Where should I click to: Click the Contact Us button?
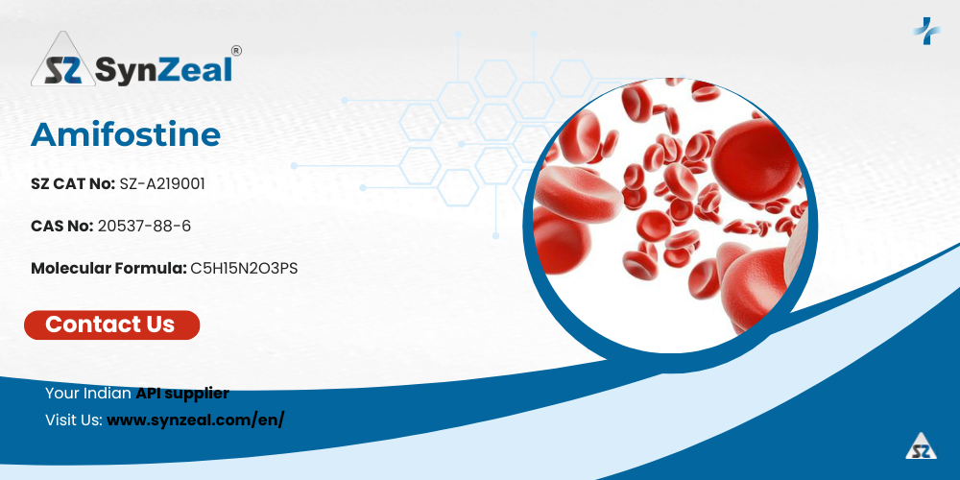112,324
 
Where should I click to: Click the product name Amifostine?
126,134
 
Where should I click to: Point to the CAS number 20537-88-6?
145,226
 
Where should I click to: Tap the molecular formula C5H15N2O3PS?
244,268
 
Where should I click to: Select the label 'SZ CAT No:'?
73,183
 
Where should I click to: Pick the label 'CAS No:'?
61,226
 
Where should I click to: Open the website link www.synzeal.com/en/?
195,420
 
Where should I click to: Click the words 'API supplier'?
182,394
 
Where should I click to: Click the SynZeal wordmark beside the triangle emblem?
164,68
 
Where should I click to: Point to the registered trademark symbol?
236,50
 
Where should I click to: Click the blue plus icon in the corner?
926,31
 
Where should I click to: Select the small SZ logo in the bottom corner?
922,445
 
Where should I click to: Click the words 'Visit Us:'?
74,420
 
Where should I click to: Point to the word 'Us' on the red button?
158,324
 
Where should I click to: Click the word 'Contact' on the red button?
92,324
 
